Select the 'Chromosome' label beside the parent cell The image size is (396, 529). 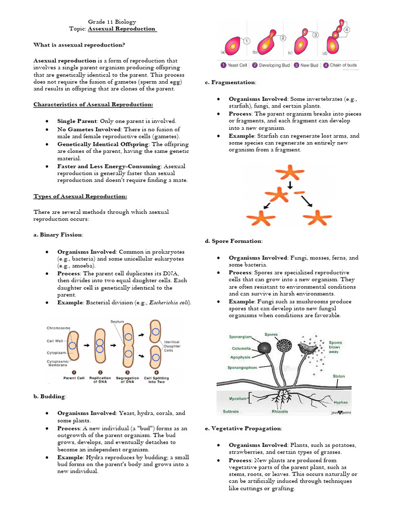click(58, 328)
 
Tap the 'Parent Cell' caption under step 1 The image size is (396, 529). click(74, 378)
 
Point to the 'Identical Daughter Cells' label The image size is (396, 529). click(172, 346)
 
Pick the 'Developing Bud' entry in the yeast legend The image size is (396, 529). click(273, 66)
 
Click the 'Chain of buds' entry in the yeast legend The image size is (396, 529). click(343, 66)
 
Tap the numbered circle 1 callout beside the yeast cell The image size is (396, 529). click(246, 41)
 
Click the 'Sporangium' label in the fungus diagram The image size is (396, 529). click(240, 336)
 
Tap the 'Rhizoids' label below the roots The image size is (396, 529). click(280, 412)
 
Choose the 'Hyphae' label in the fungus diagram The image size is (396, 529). click(340, 401)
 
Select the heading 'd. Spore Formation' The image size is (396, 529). click(234, 241)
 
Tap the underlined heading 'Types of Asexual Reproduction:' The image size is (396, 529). click(80, 196)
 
